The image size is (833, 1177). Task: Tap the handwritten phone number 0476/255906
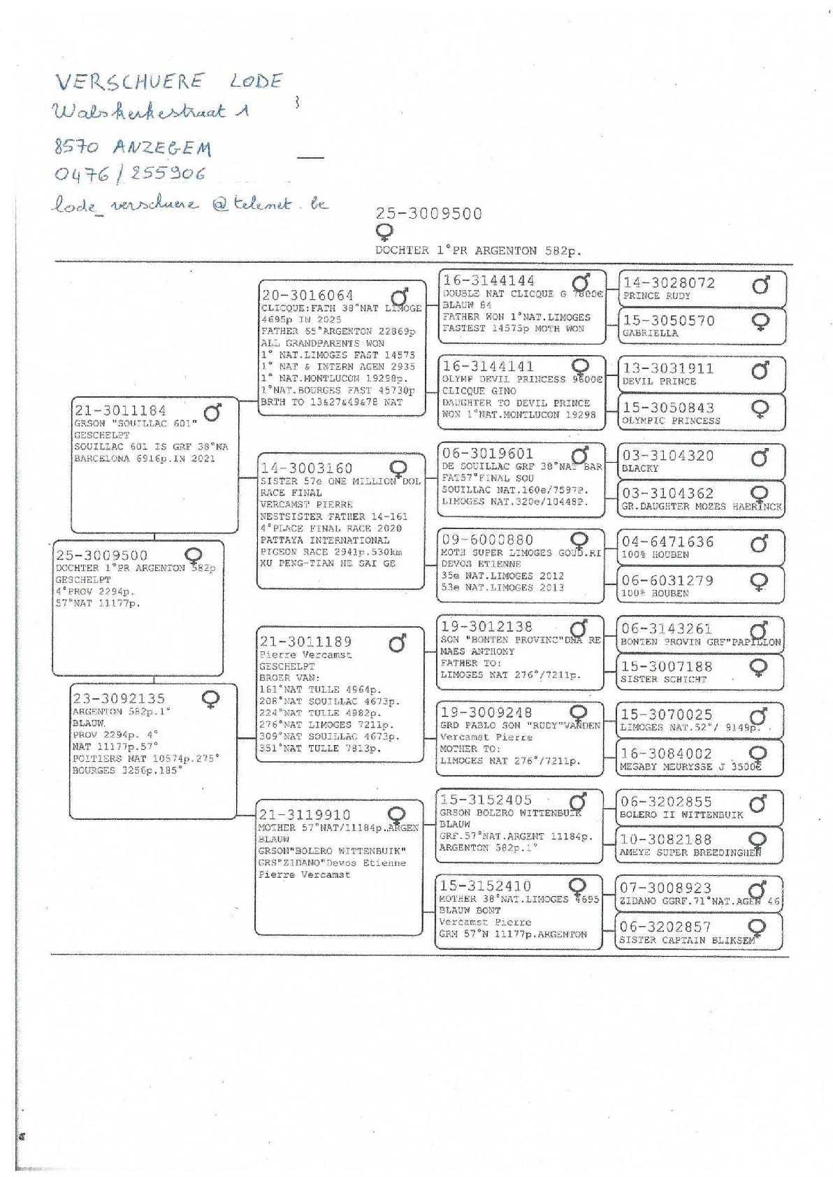coord(130,173)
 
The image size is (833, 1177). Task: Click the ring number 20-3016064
coord(307,296)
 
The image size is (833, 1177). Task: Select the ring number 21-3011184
coord(120,411)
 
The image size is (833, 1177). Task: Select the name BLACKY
coord(639,468)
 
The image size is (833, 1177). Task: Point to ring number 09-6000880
coord(487,540)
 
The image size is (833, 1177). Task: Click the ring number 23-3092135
coord(119,698)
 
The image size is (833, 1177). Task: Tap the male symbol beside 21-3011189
coord(398,642)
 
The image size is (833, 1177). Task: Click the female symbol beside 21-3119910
coord(397,815)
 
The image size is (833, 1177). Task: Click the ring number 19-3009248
coord(487,713)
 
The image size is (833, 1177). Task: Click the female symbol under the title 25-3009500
coord(384,232)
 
